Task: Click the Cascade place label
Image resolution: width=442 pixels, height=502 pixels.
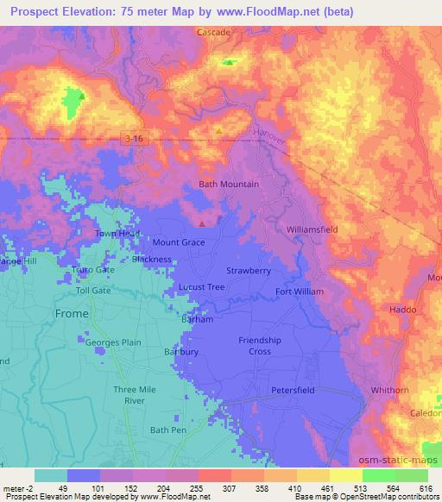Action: point(214,32)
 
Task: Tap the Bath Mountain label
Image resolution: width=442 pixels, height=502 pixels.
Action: point(229,185)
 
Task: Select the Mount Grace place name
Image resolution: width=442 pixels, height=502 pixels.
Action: point(179,243)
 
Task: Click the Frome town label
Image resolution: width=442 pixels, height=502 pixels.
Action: point(71,313)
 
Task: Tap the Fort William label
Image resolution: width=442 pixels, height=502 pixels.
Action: point(299,292)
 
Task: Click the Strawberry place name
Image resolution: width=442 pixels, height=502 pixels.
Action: point(249,271)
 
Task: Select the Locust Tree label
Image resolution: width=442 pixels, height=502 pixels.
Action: point(200,286)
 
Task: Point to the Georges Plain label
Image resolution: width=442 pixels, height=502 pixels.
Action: point(113,342)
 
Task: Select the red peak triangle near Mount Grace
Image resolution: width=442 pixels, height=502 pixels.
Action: point(202,223)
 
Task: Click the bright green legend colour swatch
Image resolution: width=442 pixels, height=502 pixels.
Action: point(378,475)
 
